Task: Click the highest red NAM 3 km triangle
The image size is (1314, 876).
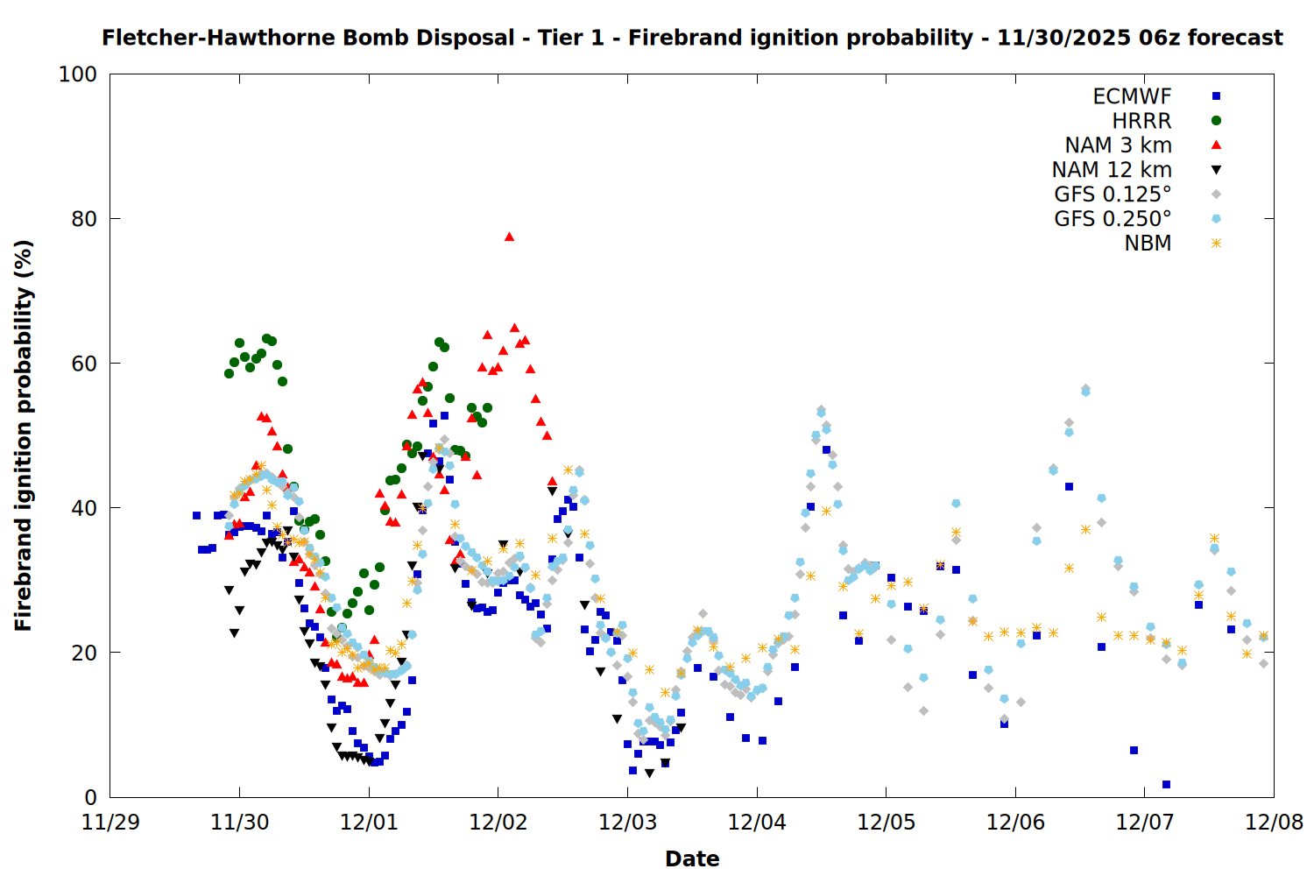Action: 509,237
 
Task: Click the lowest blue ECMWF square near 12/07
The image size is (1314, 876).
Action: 1166,784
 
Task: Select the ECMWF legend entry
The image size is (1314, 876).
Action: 1132,96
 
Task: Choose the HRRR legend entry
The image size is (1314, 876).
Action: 1141,121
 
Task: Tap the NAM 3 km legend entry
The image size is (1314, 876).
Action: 1118,145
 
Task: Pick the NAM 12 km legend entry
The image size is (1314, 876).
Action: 1112,170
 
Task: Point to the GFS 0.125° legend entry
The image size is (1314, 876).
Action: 1113,194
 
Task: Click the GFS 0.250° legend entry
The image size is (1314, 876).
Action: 1113,219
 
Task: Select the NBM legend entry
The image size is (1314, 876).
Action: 1148,244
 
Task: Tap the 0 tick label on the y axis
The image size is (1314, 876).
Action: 90,797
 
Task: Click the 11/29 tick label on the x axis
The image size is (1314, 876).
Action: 109,823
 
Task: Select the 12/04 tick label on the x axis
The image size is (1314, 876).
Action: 756,823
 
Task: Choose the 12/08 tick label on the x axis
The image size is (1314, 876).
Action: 1274,823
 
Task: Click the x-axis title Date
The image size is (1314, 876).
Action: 692,858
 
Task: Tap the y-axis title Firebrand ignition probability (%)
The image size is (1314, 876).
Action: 24,435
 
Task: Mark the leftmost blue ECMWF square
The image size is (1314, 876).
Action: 196,516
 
